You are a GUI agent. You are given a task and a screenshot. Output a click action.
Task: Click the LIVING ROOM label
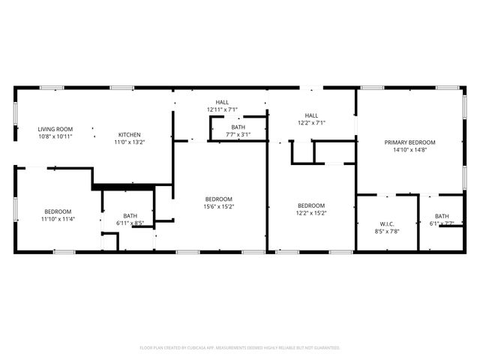[55, 129]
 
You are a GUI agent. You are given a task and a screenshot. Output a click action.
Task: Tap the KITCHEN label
[129, 135]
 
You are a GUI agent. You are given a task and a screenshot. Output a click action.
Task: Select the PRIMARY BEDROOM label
[409, 142]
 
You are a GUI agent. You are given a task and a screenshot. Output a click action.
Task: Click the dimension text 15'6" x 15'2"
[218, 207]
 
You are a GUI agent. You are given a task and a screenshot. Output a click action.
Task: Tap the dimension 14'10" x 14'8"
[409, 150]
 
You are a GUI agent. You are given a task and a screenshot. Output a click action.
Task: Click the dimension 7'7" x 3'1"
[238, 135]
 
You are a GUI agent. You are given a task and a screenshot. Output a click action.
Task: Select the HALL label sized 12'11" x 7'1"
[222, 103]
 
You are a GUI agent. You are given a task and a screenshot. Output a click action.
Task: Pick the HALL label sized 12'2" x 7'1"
[311, 115]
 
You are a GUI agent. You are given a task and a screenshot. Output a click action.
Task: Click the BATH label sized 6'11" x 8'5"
[130, 216]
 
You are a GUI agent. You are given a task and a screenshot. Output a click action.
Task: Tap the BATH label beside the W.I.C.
[442, 216]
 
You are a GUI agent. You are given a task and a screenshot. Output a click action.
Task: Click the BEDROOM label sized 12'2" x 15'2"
[310, 205]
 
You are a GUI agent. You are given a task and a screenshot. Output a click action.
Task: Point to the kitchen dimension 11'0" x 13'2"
[129, 142]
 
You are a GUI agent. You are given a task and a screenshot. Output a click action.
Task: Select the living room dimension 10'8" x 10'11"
[55, 136]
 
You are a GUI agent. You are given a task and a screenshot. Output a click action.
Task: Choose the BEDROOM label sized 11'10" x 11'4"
[57, 211]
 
